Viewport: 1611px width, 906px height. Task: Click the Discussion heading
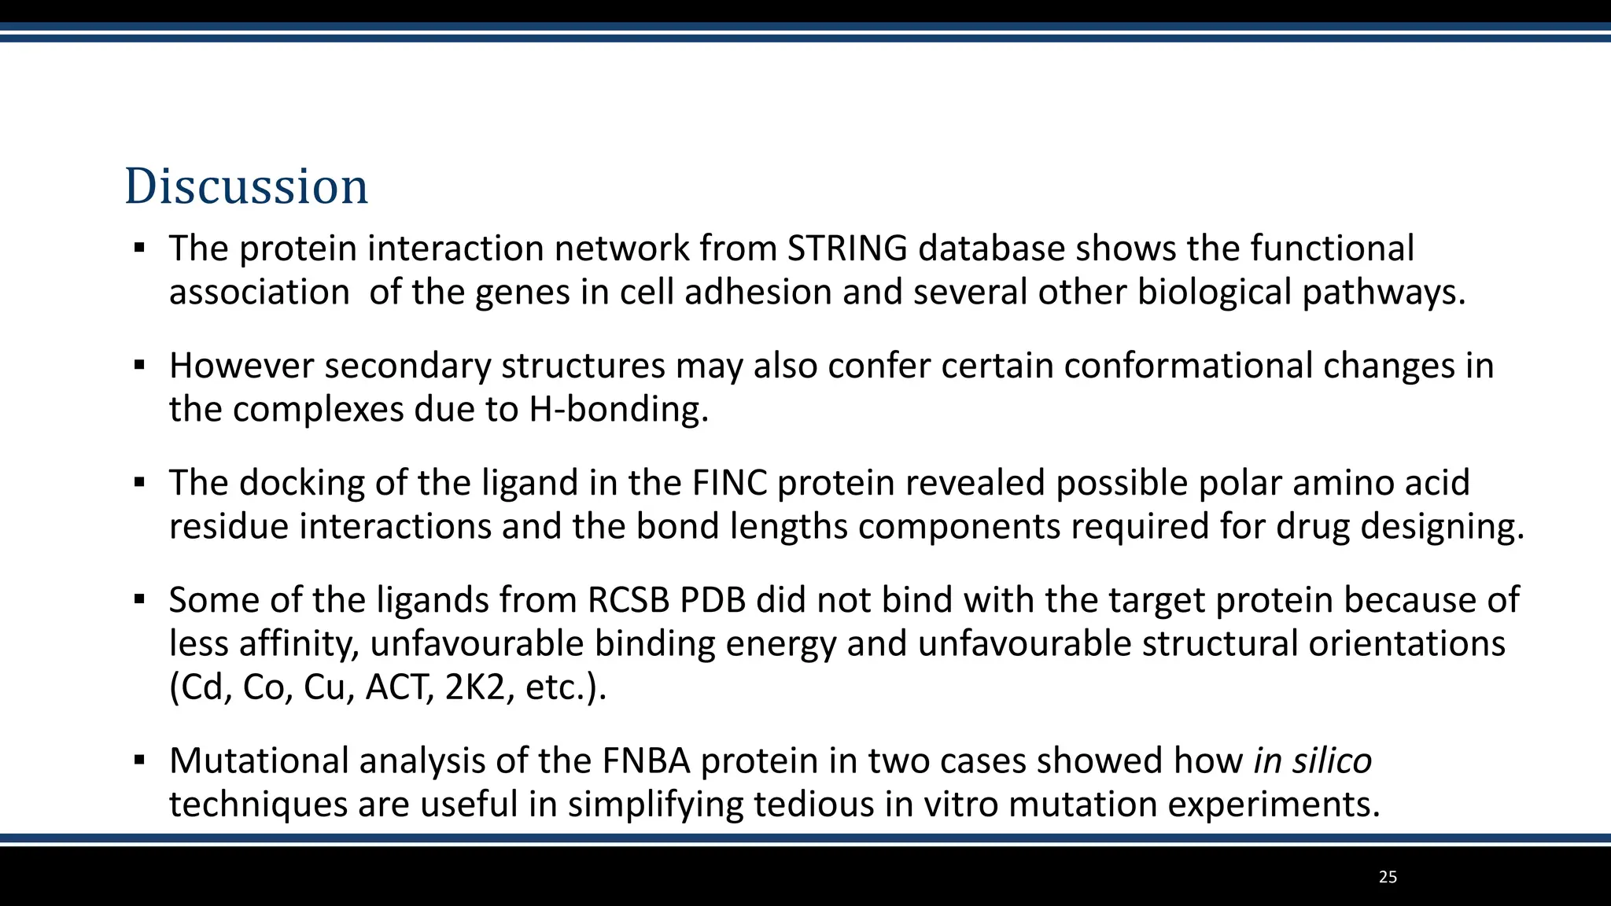[x=246, y=186]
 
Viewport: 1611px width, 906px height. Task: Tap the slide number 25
[x=1388, y=877]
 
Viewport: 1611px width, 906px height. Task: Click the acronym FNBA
[x=646, y=761]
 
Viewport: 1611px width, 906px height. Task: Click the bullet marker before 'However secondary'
[x=140, y=366]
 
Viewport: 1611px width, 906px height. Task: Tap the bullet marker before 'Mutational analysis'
[x=140, y=761]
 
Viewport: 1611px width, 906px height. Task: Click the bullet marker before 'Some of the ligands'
[x=140, y=600]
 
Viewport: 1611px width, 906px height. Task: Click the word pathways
[x=1384, y=293]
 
